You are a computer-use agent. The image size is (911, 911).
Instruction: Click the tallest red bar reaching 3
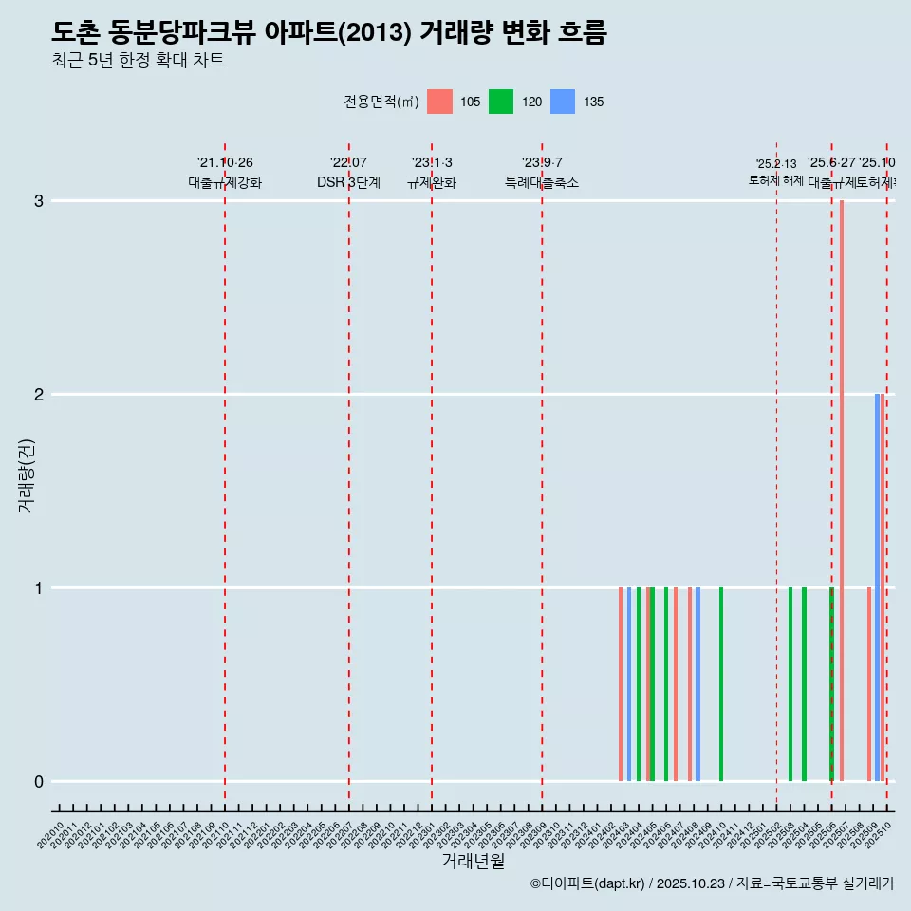tap(842, 490)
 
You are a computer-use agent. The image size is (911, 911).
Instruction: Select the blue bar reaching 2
tap(877, 587)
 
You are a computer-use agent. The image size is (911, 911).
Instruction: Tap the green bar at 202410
tap(721, 684)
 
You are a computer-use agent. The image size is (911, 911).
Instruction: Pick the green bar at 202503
tap(790, 684)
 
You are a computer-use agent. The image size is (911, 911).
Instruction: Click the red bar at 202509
tap(869, 684)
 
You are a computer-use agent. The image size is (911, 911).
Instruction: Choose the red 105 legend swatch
tap(439, 102)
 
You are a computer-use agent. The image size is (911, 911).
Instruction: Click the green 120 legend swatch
tap(501, 102)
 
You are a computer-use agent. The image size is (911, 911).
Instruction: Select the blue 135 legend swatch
tap(563, 102)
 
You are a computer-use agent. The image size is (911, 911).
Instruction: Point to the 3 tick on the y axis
tap(39, 201)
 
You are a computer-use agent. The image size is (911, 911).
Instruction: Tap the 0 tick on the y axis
tap(39, 782)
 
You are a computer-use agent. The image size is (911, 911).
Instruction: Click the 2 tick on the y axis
tap(39, 395)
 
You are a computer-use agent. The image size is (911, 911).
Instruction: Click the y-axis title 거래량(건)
tap(26, 475)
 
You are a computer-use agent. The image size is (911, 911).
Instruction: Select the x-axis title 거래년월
tap(473, 861)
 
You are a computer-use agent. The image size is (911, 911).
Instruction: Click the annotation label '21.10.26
tap(225, 163)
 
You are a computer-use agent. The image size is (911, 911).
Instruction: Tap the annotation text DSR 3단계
tap(348, 182)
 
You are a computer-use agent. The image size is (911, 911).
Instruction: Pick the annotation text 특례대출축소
tap(541, 182)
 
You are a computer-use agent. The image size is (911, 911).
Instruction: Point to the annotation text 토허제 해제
tap(776, 180)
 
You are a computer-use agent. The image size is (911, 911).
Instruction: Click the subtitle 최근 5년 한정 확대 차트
tap(138, 61)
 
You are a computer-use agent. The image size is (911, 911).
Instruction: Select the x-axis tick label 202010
tap(52, 835)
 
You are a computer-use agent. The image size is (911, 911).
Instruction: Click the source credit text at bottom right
tap(712, 884)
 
